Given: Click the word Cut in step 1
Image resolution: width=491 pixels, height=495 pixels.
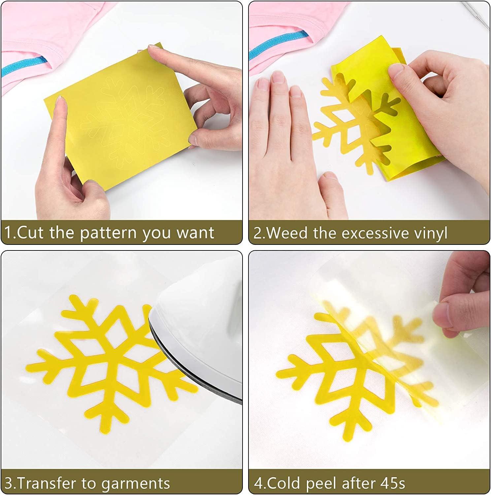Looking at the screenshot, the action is pyautogui.click(x=30, y=233).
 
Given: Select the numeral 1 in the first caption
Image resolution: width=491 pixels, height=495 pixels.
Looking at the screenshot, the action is pyautogui.click(x=8, y=233).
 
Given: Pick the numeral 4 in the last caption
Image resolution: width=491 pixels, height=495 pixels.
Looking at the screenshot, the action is pyautogui.click(x=258, y=483).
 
